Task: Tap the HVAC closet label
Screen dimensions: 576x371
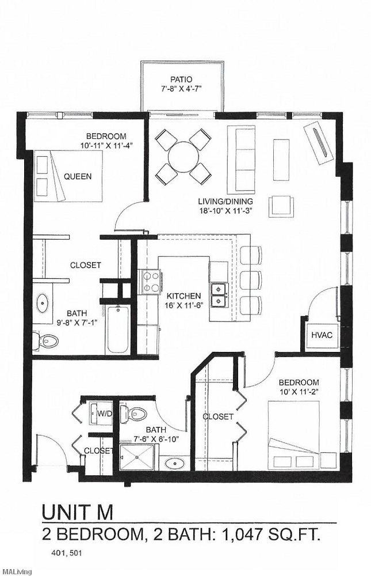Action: click(x=318, y=335)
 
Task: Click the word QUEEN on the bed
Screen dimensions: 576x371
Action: click(x=77, y=176)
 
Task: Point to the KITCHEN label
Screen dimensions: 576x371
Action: click(x=183, y=296)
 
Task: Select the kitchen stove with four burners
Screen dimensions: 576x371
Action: click(x=151, y=281)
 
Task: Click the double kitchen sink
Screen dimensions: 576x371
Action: click(x=218, y=294)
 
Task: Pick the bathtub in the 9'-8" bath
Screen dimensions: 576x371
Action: click(x=120, y=330)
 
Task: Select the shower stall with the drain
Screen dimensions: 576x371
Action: click(x=136, y=458)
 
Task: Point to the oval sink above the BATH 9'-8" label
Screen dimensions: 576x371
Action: click(x=44, y=301)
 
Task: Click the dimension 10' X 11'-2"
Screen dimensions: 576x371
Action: click(x=299, y=392)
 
